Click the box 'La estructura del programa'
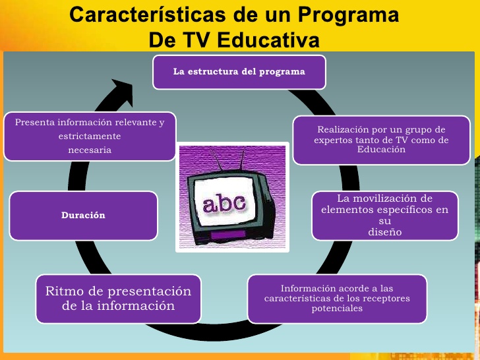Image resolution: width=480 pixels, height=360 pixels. point(239,73)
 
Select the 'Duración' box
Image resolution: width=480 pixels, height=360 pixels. point(84,216)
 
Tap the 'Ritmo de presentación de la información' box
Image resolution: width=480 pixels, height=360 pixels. point(119,299)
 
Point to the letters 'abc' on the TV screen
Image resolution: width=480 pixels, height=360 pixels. point(224,203)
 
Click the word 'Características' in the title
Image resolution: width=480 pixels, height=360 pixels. point(148,15)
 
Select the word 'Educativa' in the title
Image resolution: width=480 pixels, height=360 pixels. point(268,40)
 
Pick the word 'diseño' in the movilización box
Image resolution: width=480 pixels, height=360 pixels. point(385,231)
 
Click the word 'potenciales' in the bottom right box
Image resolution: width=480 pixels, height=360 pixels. point(337,309)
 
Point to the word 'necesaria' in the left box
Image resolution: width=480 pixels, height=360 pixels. point(90,150)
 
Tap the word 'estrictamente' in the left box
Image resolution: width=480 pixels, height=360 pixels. point(90,136)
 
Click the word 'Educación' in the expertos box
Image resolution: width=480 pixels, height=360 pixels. point(381,150)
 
